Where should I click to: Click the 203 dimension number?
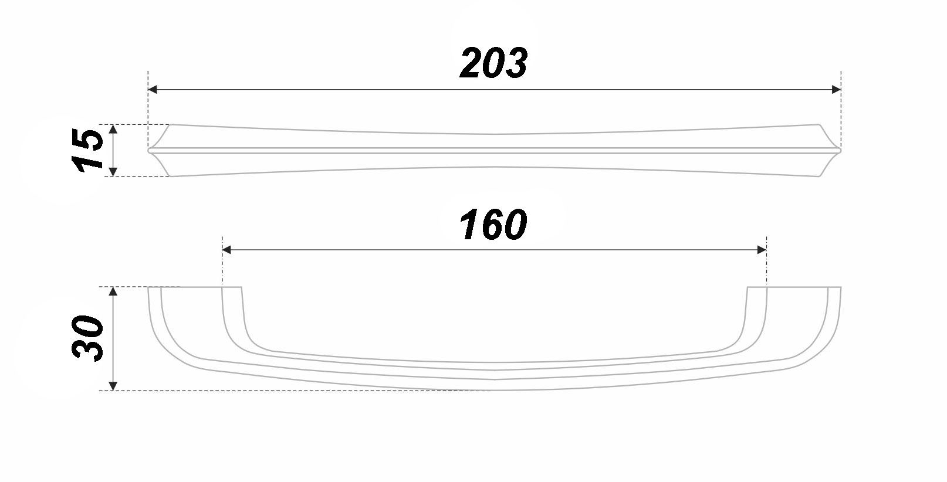point(493,63)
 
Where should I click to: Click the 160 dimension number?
point(493,225)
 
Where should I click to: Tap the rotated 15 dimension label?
point(87,150)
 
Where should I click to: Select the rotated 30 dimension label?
point(87,338)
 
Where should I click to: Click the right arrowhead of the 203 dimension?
point(836,90)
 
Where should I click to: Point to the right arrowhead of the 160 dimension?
point(762,250)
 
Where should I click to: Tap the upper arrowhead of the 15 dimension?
point(113,129)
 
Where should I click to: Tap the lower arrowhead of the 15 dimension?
point(113,171)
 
